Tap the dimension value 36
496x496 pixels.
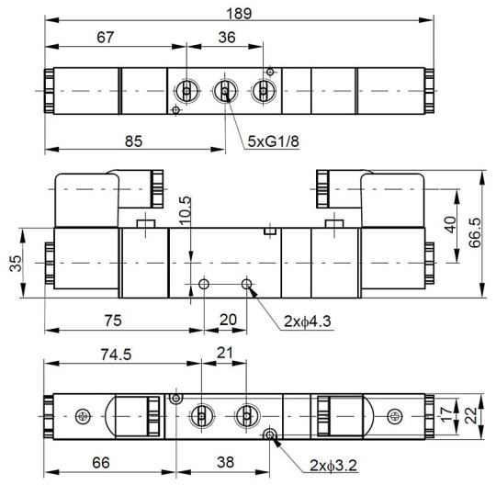pyautogui.click(x=226, y=36)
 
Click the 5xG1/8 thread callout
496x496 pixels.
pyautogui.click(x=273, y=141)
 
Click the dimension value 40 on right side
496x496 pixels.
pyautogui.click(x=449, y=223)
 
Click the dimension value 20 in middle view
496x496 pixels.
pyautogui.click(x=224, y=321)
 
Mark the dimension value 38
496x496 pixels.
pyautogui.click(x=222, y=462)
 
